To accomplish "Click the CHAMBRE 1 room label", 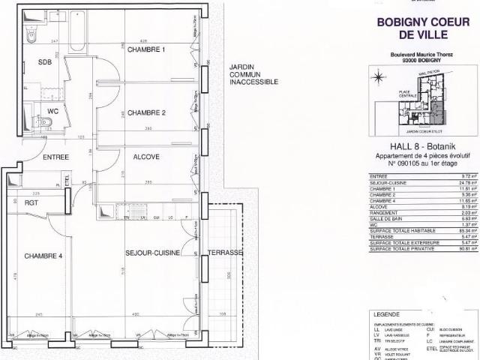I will [145, 49].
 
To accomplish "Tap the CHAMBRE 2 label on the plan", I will [145, 113].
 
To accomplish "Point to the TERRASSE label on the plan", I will [226, 253].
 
